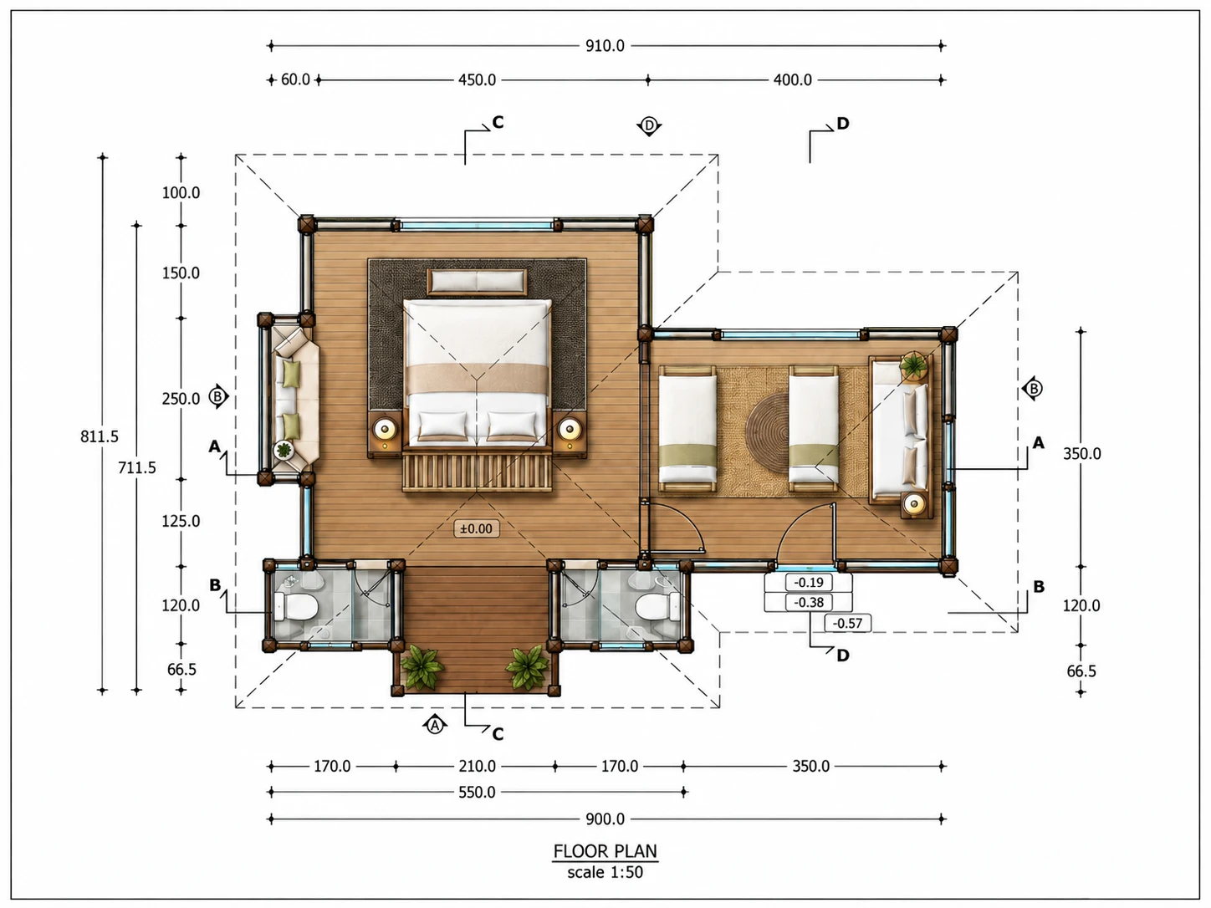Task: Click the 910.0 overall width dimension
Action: [x=605, y=46]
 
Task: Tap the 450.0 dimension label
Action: [x=478, y=80]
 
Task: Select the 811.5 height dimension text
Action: [x=100, y=436]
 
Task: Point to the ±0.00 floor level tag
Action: [x=476, y=528]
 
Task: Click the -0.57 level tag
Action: [x=847, y=623]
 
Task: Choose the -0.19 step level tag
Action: [x=809, y=582]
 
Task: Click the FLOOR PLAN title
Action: [x=605, y=851]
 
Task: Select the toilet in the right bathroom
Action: [x=657, y=607]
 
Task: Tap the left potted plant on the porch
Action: [x=422, y=668]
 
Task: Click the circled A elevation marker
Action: [x=435, y=726]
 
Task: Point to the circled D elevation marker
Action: [x=649, y=126]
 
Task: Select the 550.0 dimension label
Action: [x=478, y=793]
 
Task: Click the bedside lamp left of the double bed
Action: [x=385, y=428]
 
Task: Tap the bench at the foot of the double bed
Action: [x=478, y=472]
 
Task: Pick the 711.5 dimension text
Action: [x=137, y=468]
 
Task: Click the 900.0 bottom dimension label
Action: [x=605, y=819]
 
